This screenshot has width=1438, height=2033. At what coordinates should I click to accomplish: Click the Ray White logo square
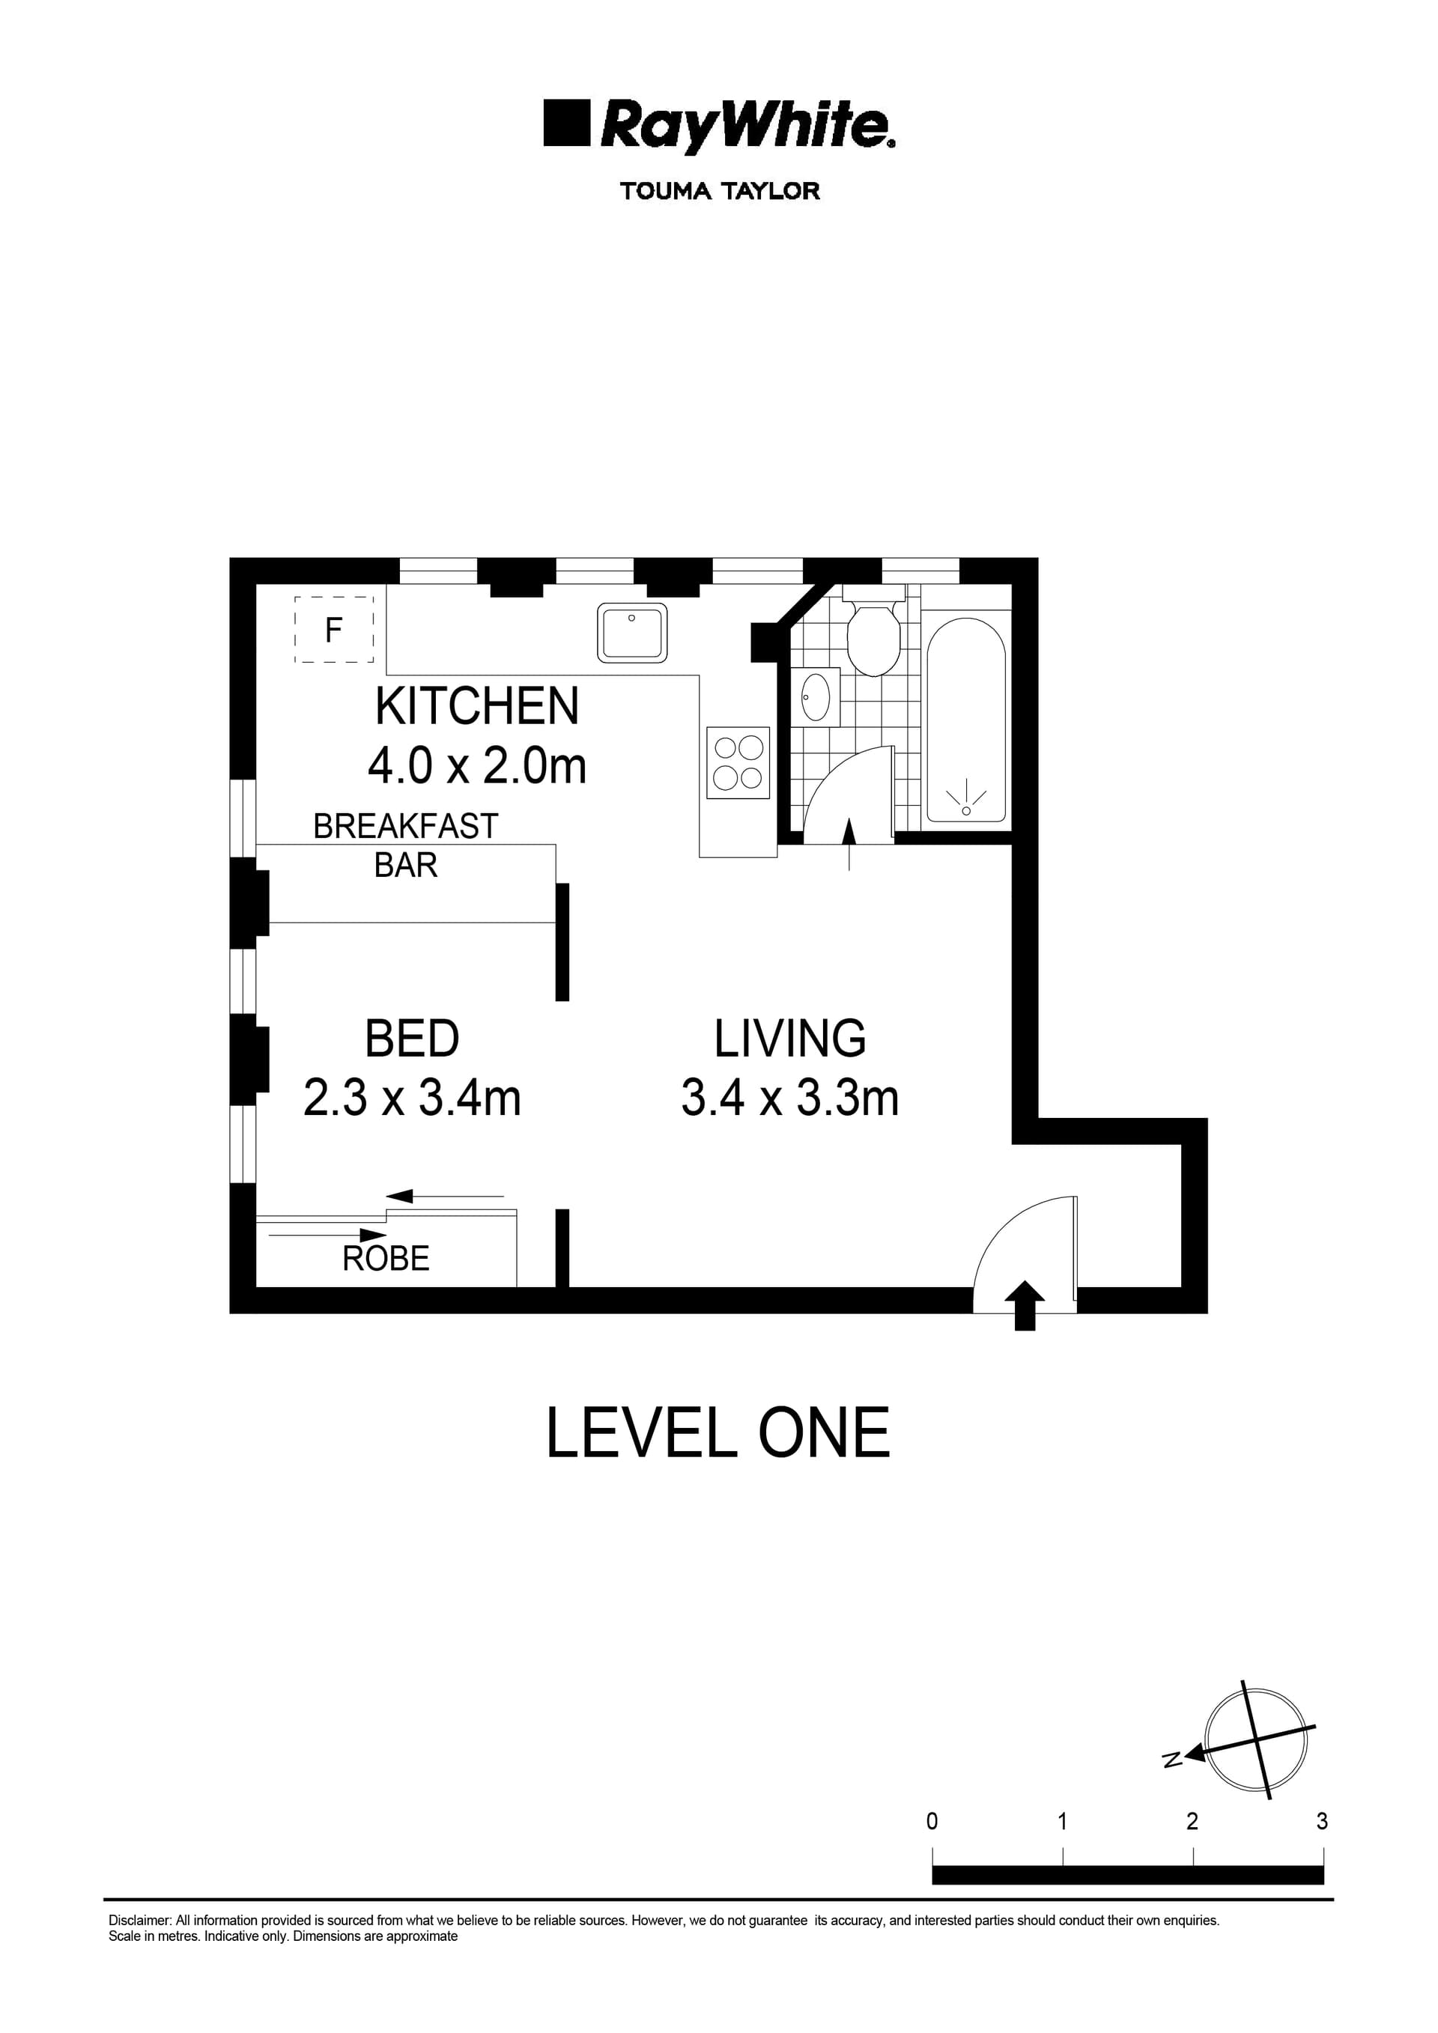(565, 123)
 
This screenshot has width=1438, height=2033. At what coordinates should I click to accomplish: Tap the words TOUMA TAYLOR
(719, 191)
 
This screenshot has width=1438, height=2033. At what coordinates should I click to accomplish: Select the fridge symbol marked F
(334, 630)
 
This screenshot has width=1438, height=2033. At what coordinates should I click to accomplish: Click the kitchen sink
(632, 632)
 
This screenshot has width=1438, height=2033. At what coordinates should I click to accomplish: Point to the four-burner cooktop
(738, 763)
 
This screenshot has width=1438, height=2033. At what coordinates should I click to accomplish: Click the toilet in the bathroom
(873, 636)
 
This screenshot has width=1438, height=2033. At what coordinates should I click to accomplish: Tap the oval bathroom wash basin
(815, 697)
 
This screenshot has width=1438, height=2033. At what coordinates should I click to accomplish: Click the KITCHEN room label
(477, 707)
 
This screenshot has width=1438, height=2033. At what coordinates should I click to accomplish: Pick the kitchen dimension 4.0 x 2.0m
(477, 766)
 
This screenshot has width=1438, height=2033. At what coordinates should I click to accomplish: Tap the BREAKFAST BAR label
(405, 845)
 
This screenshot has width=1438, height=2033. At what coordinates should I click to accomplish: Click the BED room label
(412, 1039)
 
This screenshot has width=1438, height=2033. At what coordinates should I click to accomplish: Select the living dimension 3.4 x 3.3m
(790, 1098)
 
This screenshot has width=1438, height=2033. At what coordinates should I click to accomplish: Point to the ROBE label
(386, 1258)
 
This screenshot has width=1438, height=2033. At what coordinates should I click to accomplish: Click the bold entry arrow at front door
(1025, 1305)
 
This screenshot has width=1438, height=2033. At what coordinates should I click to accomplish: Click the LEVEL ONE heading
(718, 1433)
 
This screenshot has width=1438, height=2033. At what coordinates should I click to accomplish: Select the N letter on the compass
(1172, 1760)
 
